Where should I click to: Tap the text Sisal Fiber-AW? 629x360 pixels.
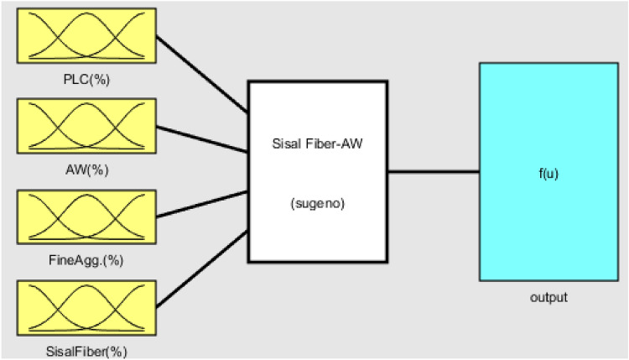click(317, 142)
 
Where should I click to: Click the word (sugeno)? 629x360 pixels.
click(317, 202)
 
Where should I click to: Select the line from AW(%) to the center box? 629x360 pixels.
click(201, 139)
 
